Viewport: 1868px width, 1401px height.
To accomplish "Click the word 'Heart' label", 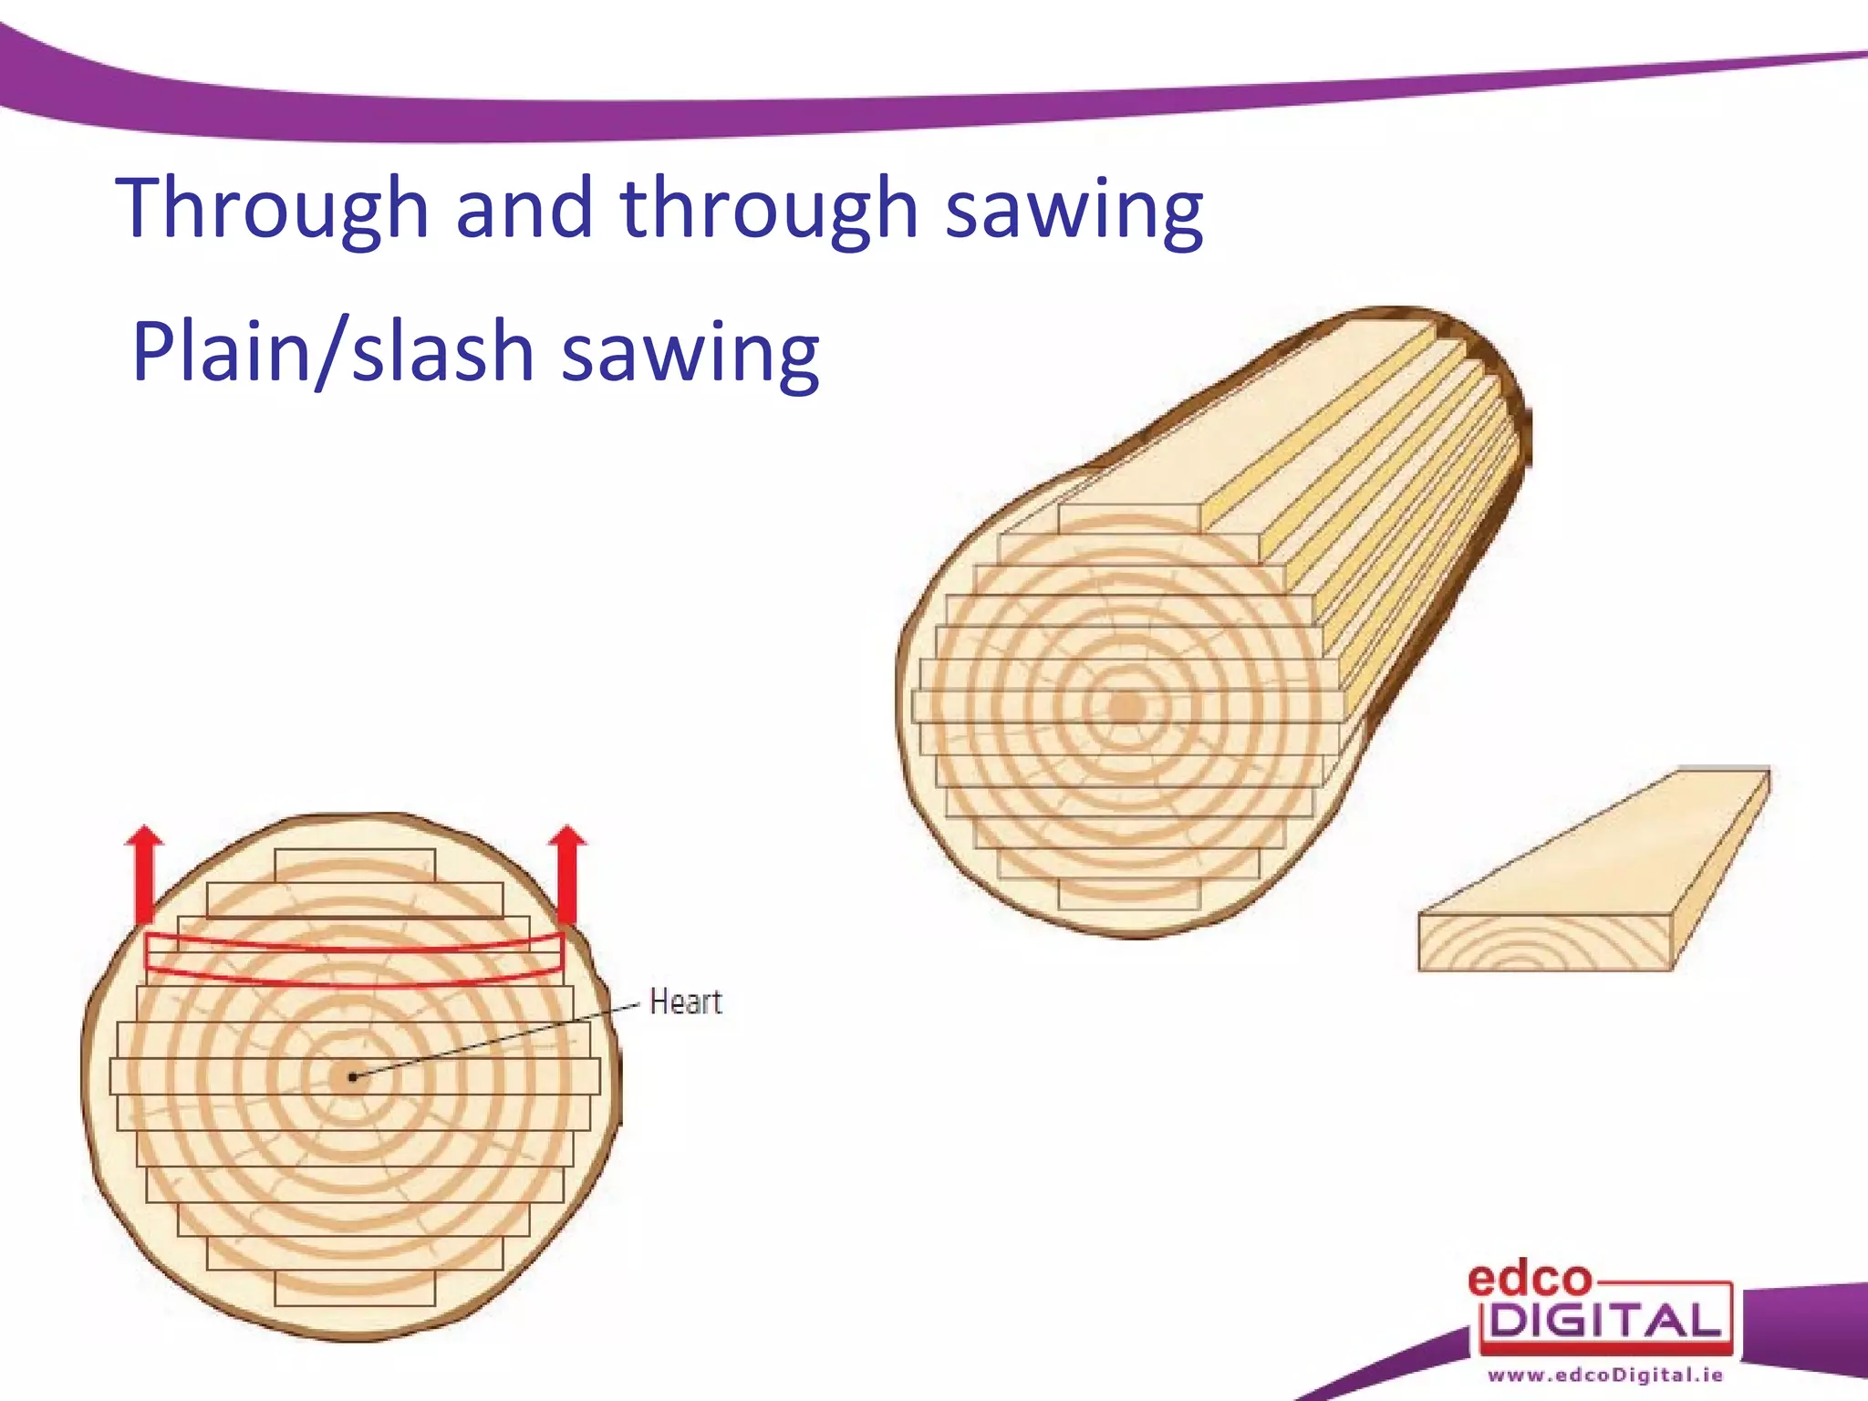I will point(685,1002).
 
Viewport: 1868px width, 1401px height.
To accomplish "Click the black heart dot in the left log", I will point(353,1077).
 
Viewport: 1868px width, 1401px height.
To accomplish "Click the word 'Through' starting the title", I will point(272,210).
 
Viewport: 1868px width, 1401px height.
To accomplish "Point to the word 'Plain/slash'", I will point(333,353).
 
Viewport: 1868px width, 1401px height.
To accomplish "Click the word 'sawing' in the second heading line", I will point(690,353).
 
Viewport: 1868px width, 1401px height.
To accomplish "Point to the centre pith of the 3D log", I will point(1127,708).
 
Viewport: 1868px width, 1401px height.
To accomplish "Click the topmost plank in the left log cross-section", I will point(355,866).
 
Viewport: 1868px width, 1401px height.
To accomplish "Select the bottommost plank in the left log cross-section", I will point(355,1288).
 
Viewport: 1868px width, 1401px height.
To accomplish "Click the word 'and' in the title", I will point(524,210).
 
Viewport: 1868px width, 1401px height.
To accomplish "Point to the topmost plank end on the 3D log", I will point(1129,518).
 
